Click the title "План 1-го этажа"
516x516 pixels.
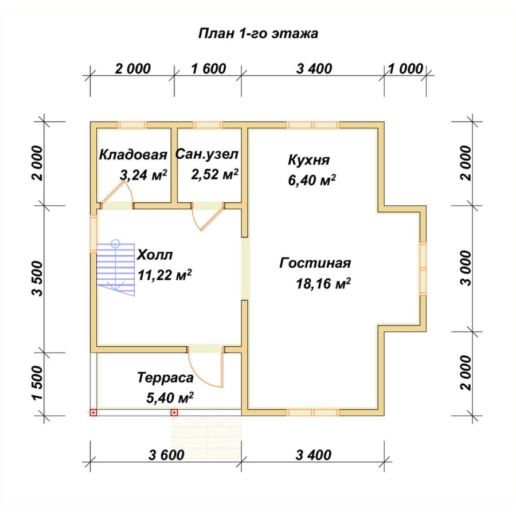pos(258,34)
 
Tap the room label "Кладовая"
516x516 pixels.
pos(133,155)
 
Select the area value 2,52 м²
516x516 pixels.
pos(214,174)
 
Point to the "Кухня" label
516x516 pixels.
pos(308,160)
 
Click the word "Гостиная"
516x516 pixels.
pos(315,263)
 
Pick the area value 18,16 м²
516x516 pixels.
pos(323,283)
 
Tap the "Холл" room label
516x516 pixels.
pos(155,255)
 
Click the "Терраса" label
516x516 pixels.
pos(165,378)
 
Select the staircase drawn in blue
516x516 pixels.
pos(115,268)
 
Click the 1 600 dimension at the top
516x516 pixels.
pos(208,69)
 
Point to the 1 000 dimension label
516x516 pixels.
pos(405,69)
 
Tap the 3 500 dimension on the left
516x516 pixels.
pos(38,279)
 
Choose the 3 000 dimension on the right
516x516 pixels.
pos(466,268)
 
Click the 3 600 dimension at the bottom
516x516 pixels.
pos(166,455)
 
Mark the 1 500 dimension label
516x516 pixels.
pos(38,384)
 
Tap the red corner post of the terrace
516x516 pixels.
pos(93,412)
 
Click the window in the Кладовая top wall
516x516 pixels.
pos(132,125)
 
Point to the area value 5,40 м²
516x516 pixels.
pos(170,398)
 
